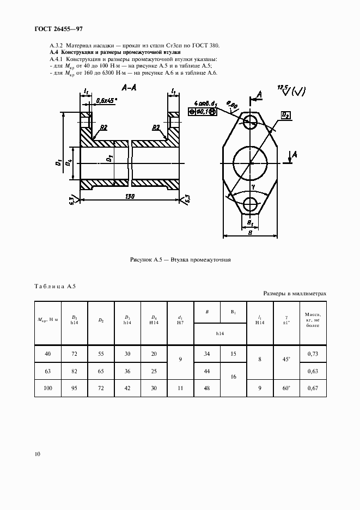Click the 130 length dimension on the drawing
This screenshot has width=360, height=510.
[130, 196]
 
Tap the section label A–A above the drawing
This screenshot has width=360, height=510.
[129, 87]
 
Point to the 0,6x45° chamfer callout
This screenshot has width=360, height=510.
[107, 101]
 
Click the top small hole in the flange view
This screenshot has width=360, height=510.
[251, 120]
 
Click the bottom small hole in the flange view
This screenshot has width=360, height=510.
[251, 204]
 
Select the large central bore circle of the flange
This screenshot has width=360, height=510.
[251, 163]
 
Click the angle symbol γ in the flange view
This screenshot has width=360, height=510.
[254, 187]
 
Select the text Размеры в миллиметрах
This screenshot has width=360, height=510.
[295, 294]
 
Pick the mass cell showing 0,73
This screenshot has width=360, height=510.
[313, 354]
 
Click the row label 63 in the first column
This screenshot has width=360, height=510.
[47, 372]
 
